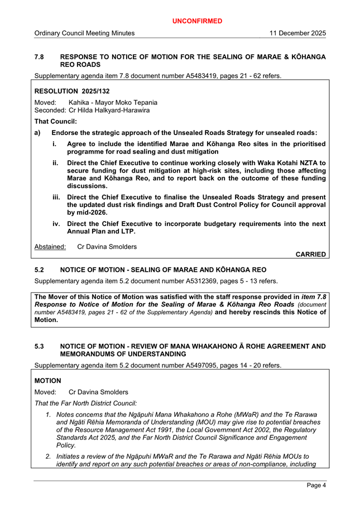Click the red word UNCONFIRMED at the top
click(x=197, y=21)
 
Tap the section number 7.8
click(x=40, y=57)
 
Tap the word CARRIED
click(x=310, y=254)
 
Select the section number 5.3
click(x=40, y=347)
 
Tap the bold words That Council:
click(x=56, y=121)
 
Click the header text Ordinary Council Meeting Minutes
click(x=84, y=33)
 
